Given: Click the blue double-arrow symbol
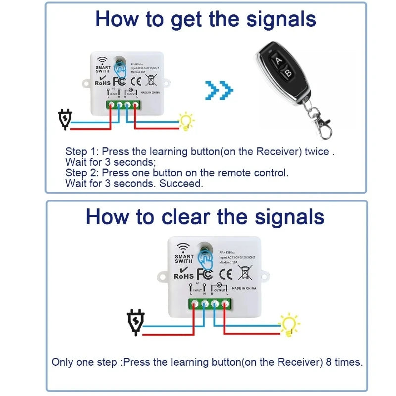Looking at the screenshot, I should pyautogui.click(x=218, y=90).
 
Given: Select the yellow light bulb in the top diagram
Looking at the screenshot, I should pyautogui.click(x=187, y=121).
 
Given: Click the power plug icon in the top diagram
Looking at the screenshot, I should pyautogui.click(x=65, y=119).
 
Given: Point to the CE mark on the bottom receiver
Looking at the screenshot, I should pyautogui.click(x=225, y=273).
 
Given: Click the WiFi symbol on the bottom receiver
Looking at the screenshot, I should pyautogui.click(x=183, y=247).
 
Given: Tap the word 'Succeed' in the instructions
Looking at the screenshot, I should pyautogui.click(x=185, y=184).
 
